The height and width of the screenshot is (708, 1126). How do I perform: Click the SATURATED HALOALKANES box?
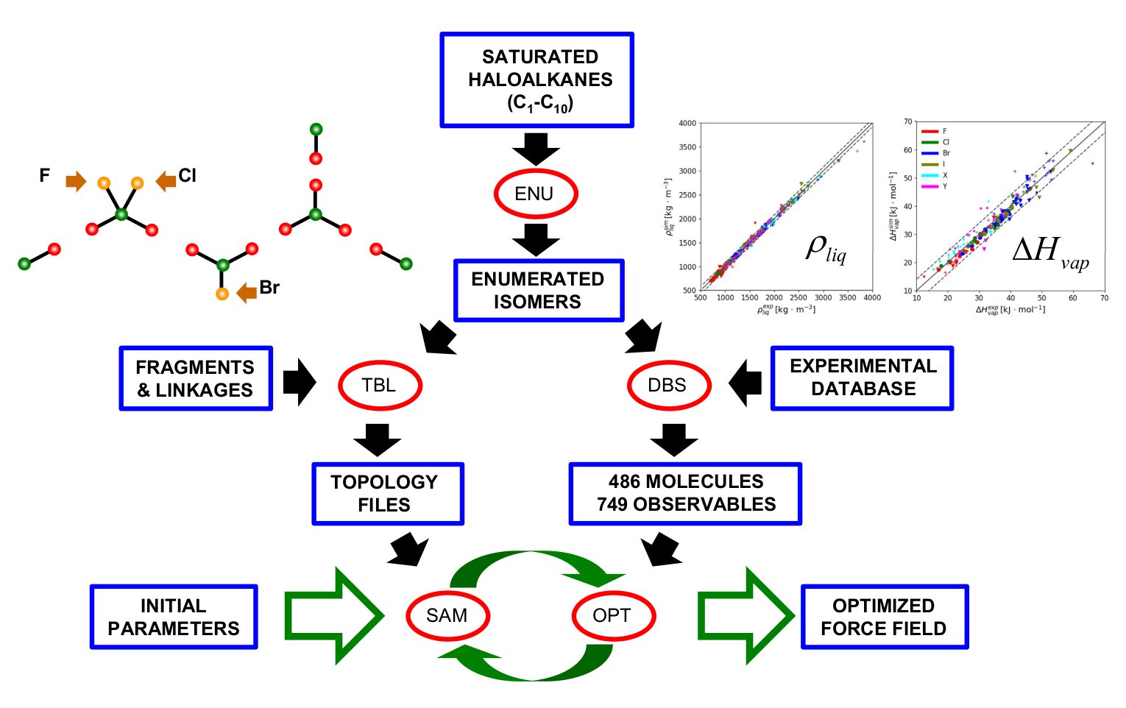coord(537,79)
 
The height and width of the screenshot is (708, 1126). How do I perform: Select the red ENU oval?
coord(535,194)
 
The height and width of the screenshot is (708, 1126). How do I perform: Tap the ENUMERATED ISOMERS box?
coord(539,290)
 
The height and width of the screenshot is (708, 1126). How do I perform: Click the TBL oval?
coord(379,385)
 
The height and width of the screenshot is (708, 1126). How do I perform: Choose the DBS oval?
coord(668,385)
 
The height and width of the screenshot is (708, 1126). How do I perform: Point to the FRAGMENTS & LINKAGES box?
coord(196,378)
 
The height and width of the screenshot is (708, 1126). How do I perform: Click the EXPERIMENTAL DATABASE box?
coord(863,378)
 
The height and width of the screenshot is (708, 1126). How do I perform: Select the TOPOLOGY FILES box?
coord(388,493)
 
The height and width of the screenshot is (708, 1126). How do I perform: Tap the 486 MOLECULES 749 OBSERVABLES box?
coord(685,493)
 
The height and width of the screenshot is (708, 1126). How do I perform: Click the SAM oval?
coord(447,615)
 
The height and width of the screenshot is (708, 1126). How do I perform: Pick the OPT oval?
coord(612,615)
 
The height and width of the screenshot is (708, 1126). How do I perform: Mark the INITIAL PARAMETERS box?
coord(174,617)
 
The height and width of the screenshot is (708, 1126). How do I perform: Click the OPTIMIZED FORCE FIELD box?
coord(884,617)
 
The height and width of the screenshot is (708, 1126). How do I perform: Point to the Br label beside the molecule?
coord(269,288)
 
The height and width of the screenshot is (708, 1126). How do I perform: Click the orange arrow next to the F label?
coord(76,181)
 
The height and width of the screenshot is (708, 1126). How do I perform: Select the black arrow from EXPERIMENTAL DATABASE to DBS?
coord(745,383)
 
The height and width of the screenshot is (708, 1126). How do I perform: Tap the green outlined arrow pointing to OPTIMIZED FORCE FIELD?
coord(744,615)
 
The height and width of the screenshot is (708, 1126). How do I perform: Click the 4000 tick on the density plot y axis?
coord(687,124)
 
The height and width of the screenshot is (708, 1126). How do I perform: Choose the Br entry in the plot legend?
coord(946,153)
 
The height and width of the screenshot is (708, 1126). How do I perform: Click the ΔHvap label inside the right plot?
coord(1049,253)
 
